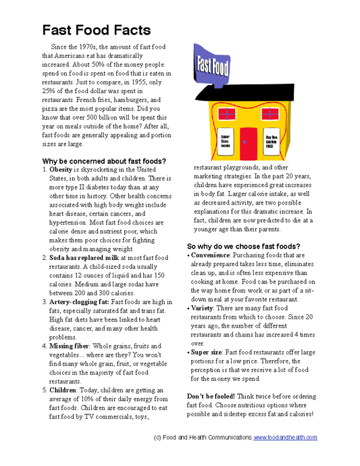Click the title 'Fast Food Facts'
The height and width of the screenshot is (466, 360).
pos(97,30)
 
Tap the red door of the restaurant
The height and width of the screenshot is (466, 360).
pos(250,143)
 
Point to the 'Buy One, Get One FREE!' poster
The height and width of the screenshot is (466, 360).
pos(273,140)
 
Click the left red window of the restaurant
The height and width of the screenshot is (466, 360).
pos(225,111)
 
